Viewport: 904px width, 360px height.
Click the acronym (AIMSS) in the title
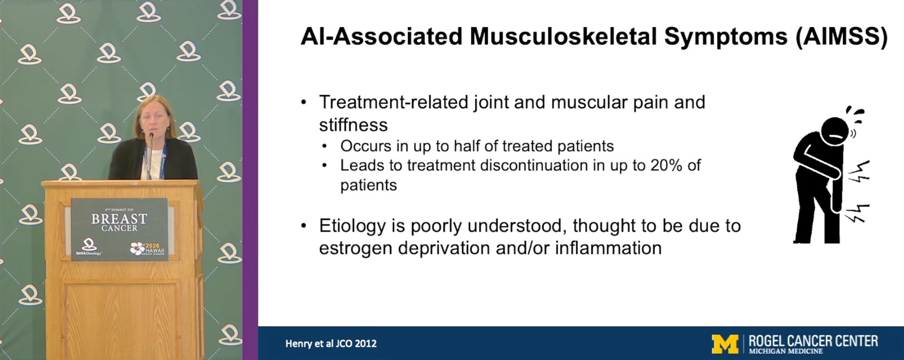pyautogui.click(x=841, y=37)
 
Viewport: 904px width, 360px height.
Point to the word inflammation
pyautogui.click(x=609, y=248)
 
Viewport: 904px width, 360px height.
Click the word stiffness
pyautogui.click(x=353, y=125)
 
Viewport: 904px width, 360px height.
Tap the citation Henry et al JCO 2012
pyautogui.click(x=331, y=344)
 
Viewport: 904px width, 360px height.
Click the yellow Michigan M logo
pyautogui.click(x=725, y=344)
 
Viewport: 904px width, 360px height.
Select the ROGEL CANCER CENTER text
pyautogui.click(x=813, y=341)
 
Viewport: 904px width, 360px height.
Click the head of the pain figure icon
pyautogui.click(x=835, y=131)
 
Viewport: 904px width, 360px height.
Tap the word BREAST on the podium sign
pyautogui.click(x=119, y=219)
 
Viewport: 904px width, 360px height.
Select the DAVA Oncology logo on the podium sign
pyautogui.click(x=89, y=247)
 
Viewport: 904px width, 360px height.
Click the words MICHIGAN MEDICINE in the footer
pyautogui.click(x=786, y=351)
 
